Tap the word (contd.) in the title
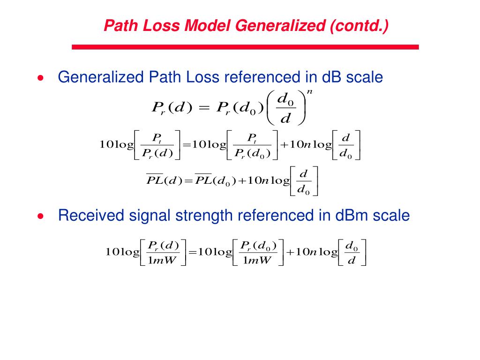[359, 25]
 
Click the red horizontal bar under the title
[245, 47]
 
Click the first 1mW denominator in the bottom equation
[161, 261]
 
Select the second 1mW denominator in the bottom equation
[257, 261]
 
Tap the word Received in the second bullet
[88, 216]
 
